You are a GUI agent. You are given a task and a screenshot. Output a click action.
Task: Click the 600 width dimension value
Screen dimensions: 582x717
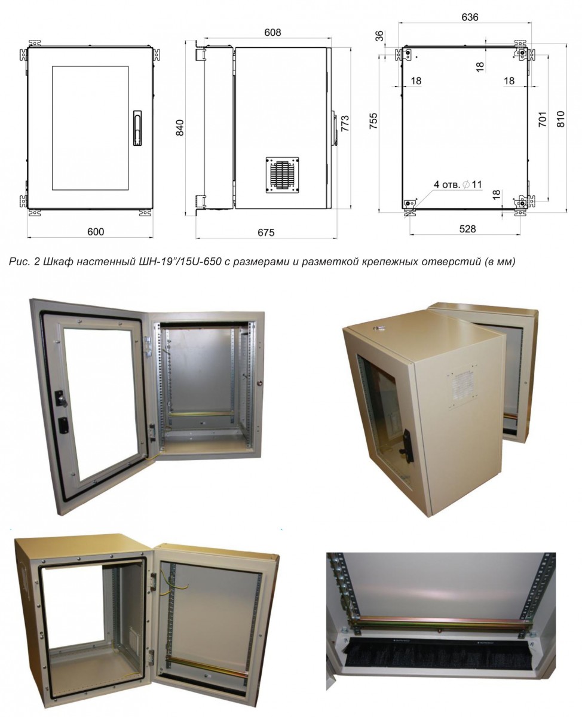tap(96, 232)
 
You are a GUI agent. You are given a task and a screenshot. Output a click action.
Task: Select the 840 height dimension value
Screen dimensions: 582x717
tap(180, 128)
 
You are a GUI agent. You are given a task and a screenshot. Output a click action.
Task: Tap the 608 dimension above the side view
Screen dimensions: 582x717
tap(272, 32)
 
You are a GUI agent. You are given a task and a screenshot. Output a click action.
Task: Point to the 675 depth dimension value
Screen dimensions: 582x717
tap(266, 232)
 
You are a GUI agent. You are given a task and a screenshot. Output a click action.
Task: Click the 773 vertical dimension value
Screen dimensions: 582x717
tap(345, 124)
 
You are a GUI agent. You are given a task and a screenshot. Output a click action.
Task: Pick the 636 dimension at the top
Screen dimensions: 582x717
tap(470, 17)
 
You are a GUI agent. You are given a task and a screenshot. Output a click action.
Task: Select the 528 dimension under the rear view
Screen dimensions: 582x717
tap(467, 229)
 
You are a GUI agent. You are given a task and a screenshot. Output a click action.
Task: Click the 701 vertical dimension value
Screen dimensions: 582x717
tap(543, 119)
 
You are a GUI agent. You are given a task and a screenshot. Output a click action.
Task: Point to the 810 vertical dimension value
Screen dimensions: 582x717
tap(560, 119)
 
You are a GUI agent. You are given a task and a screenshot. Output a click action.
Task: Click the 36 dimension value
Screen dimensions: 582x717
tap(379, 35)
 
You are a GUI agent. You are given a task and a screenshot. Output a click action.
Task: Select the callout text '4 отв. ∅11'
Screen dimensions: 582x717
tap(458, 184)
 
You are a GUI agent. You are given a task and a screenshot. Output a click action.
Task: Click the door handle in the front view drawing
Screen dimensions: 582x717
tap(137, 128)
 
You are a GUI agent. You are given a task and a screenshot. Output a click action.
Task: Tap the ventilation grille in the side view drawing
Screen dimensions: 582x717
tap(283, 174)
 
